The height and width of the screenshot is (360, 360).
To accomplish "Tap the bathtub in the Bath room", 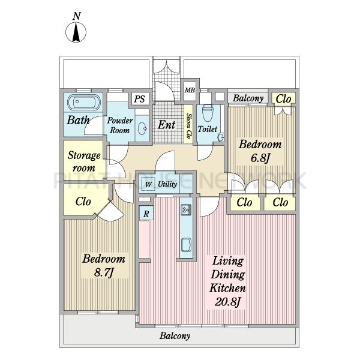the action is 84,103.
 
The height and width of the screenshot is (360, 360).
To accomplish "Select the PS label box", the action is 140,99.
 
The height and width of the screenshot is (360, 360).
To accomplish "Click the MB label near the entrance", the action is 190,90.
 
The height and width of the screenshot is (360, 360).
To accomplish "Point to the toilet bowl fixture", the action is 208,113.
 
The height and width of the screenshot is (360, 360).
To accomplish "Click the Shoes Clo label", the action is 189,125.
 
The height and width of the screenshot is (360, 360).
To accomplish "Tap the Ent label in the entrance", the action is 166,125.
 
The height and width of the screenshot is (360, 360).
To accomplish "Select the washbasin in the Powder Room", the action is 143,128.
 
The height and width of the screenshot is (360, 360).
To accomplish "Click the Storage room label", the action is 84,161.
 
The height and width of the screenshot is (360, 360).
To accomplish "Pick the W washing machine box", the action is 148,184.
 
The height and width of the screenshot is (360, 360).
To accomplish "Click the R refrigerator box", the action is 146,214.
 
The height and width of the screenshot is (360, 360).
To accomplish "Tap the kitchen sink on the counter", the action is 186,209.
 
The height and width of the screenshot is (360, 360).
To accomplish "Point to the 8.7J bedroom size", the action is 104,273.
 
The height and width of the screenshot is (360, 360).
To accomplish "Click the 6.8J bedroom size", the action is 260,158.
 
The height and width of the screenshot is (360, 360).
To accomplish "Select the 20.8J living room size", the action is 227,302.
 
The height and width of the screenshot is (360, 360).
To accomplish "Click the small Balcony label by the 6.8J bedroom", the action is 248,98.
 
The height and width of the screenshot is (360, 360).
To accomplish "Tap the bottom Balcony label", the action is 175,336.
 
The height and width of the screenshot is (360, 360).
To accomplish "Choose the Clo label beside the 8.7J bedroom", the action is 83,202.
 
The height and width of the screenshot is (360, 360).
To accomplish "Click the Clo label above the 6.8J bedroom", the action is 283,99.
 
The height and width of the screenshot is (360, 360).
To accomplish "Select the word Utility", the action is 167,184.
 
